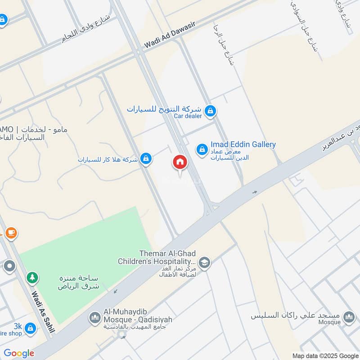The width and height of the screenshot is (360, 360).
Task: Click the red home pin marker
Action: click(x=180, y=162)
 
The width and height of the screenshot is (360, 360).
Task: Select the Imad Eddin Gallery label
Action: click(x=243, y=144)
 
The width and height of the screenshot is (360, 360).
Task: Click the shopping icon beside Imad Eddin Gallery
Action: click(x=202, y=149)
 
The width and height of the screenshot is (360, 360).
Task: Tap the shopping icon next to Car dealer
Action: click(x=210, y=110)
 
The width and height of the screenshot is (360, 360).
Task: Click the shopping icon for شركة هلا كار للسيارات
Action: click(x=145, y=158)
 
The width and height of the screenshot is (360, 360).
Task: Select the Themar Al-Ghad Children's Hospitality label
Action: click(x=157, y=257)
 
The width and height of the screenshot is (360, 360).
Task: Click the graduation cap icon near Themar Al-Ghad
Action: click(x=204, y=262)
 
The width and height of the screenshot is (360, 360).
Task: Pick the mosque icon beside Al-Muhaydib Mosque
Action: click(x=94, y=318)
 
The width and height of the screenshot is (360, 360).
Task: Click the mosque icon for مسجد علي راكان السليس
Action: click(x=348, y=317)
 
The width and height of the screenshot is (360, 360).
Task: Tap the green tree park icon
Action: click(x=31, y=278)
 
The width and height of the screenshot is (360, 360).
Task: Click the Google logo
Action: click(x=19, y=353)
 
